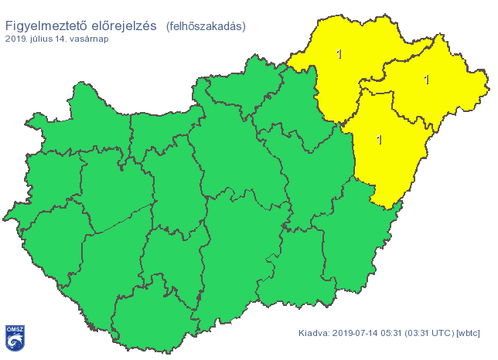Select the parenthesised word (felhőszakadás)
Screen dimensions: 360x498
tap(206, 26)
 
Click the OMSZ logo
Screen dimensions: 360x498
tap(15, 336)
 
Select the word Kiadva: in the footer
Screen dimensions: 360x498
tap(315, 333)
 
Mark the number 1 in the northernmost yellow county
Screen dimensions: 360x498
tap(339, 54)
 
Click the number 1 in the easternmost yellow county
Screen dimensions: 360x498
tap(427, 79)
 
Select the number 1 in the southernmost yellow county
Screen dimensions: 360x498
tap(378, 140)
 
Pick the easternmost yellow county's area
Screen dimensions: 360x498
tap(449, 93)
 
